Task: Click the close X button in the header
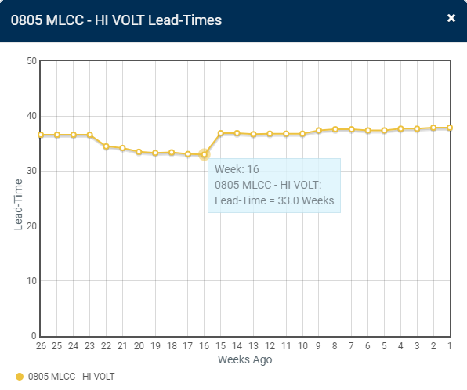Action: point(451,18)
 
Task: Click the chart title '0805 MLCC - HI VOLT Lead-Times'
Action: point(116,20)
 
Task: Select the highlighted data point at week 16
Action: point(205,155)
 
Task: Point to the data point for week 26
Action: point(41,135)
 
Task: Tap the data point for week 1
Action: point(450,128)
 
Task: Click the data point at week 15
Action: point(221,133)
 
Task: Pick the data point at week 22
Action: point(107,146)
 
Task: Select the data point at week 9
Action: point(319,131)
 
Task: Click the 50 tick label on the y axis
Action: point(32,61)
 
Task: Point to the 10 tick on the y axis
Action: point(32,281)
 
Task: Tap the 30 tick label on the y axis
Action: point(32,171)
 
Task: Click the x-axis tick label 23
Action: point(90,345)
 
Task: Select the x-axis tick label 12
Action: point(270,345)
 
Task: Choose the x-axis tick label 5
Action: point(384,345)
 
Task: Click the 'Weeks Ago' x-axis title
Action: point(244,359)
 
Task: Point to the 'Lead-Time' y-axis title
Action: point(19,198)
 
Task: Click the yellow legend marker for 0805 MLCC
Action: point(20,377)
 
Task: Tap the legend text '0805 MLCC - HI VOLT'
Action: point(71,377)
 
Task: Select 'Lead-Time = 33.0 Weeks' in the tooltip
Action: point(274,201)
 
